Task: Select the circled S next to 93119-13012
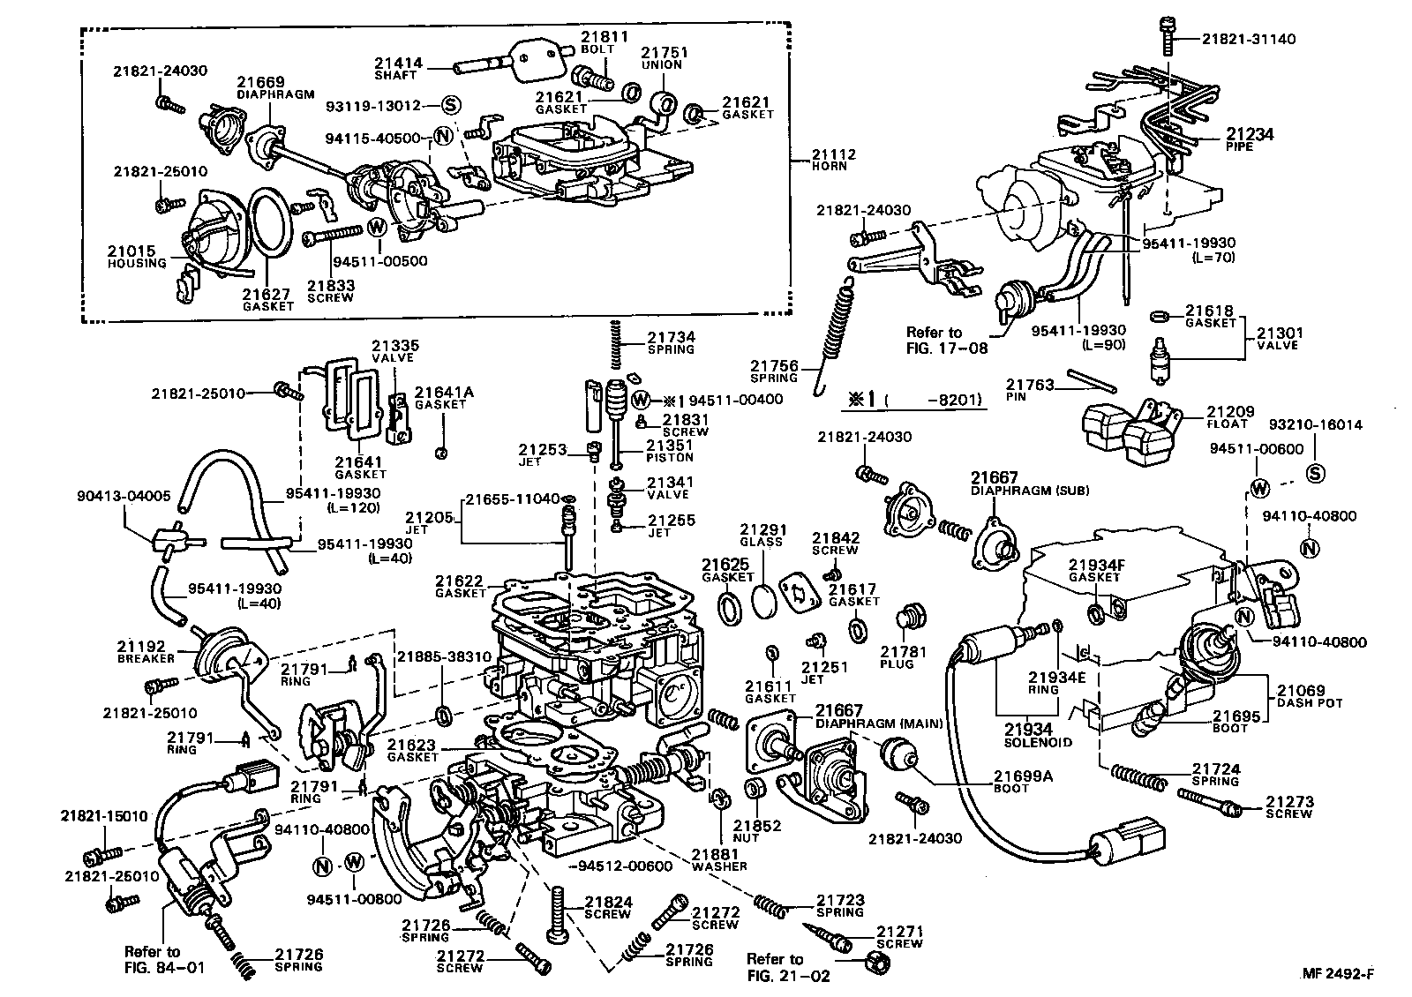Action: [x=450, y=105]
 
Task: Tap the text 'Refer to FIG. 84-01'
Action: [x=164, y=959]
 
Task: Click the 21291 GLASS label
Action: [x=762, y=536]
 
